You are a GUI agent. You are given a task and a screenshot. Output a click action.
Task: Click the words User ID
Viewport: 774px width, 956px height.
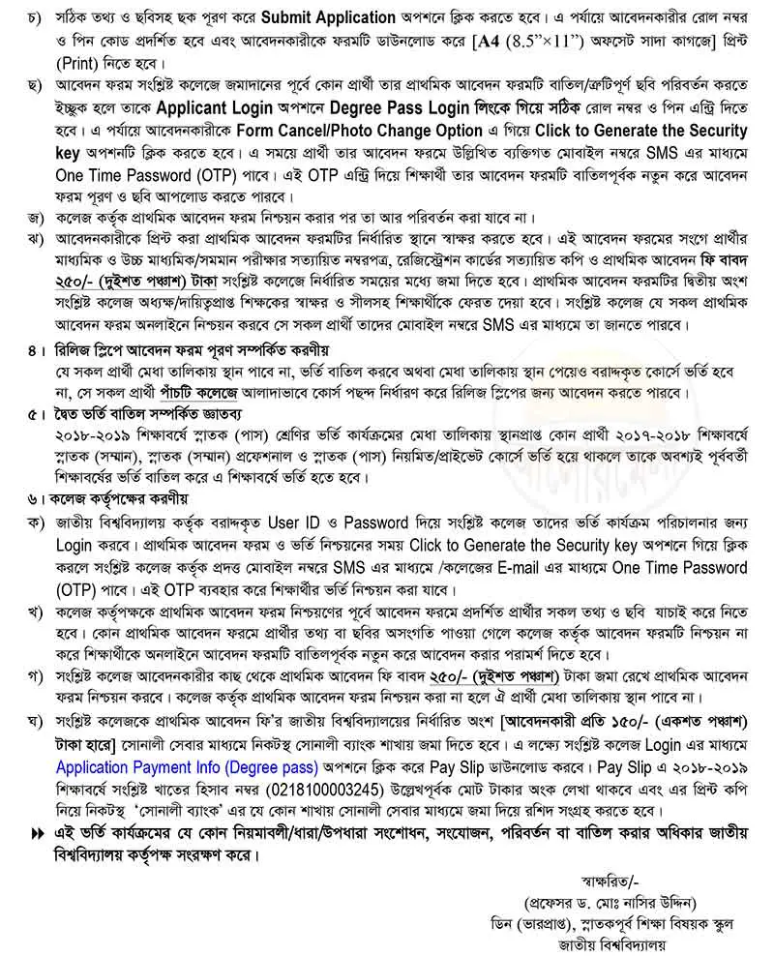tap(307, 524)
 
